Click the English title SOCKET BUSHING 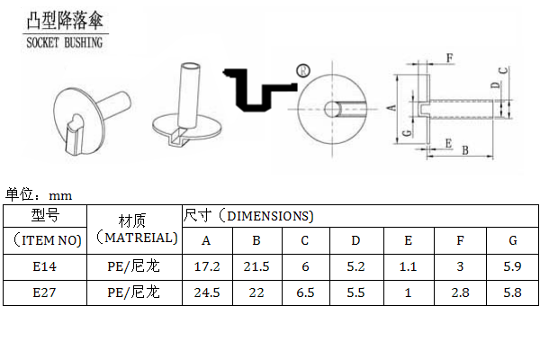tap(65, 42)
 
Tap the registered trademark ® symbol tap(303, 70)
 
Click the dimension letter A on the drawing tap(391, 108)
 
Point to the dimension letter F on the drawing tap(450, 58)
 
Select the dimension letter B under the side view tap(465, 150)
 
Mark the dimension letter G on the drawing tap(407, 133)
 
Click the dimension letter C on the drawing tap(503, 70)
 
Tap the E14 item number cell tap(44, 266)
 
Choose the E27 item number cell tap(44, 292)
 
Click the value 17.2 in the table tap(207, 266)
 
